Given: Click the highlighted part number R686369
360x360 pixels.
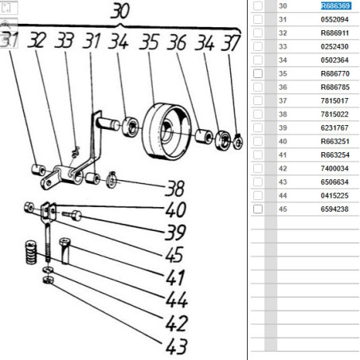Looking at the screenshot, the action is pyautogui.click(x=336, y=6).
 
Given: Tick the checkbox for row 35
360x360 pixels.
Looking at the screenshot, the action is pyautogui.click(x=258, y=73).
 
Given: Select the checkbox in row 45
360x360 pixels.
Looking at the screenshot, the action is pyautogui.click(x=258, y=209).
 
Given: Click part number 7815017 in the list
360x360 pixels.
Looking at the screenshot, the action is pyautogui.click(x=335, y=100).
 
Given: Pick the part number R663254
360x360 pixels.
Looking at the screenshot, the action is pyautogui.click(x=335, y=155).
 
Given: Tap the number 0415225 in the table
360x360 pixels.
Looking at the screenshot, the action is pyautogui.click(x=335, y=195).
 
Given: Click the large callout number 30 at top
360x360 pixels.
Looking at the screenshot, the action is pyautogui.click(x=120, y=11).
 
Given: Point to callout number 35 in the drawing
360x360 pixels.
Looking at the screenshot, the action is pyautogui.click(x=149, y=42).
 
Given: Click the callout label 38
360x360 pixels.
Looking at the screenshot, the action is pyautogui.click(x=174, y=189).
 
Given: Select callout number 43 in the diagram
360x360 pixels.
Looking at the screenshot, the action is pyautogui.click(x=177, y=346).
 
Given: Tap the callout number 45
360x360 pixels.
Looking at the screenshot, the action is pyautogui.click(x=174, y=254).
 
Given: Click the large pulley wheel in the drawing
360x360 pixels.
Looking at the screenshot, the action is pyautogui.click(x=166, y=131).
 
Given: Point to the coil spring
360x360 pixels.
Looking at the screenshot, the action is pyautogui.click(x=31, y=252).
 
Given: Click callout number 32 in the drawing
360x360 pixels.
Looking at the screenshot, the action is pyautogui.click(x=37, y=41).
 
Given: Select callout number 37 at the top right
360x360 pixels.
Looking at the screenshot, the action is pyautogui.click(x=231, y=42).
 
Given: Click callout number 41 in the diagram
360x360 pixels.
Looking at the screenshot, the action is pyautogui.click(x=174, y=277).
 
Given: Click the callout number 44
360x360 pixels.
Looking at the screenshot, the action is pyautogui.click(x=177, y=299).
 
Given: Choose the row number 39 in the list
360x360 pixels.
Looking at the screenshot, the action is pyautogui.click(x=283, y=127).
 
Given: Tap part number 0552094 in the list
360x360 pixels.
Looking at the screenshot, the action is pyautogui.click(x=335, y=19).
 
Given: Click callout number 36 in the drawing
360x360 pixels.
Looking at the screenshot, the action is pyautogui.click(x=177, y=42).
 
